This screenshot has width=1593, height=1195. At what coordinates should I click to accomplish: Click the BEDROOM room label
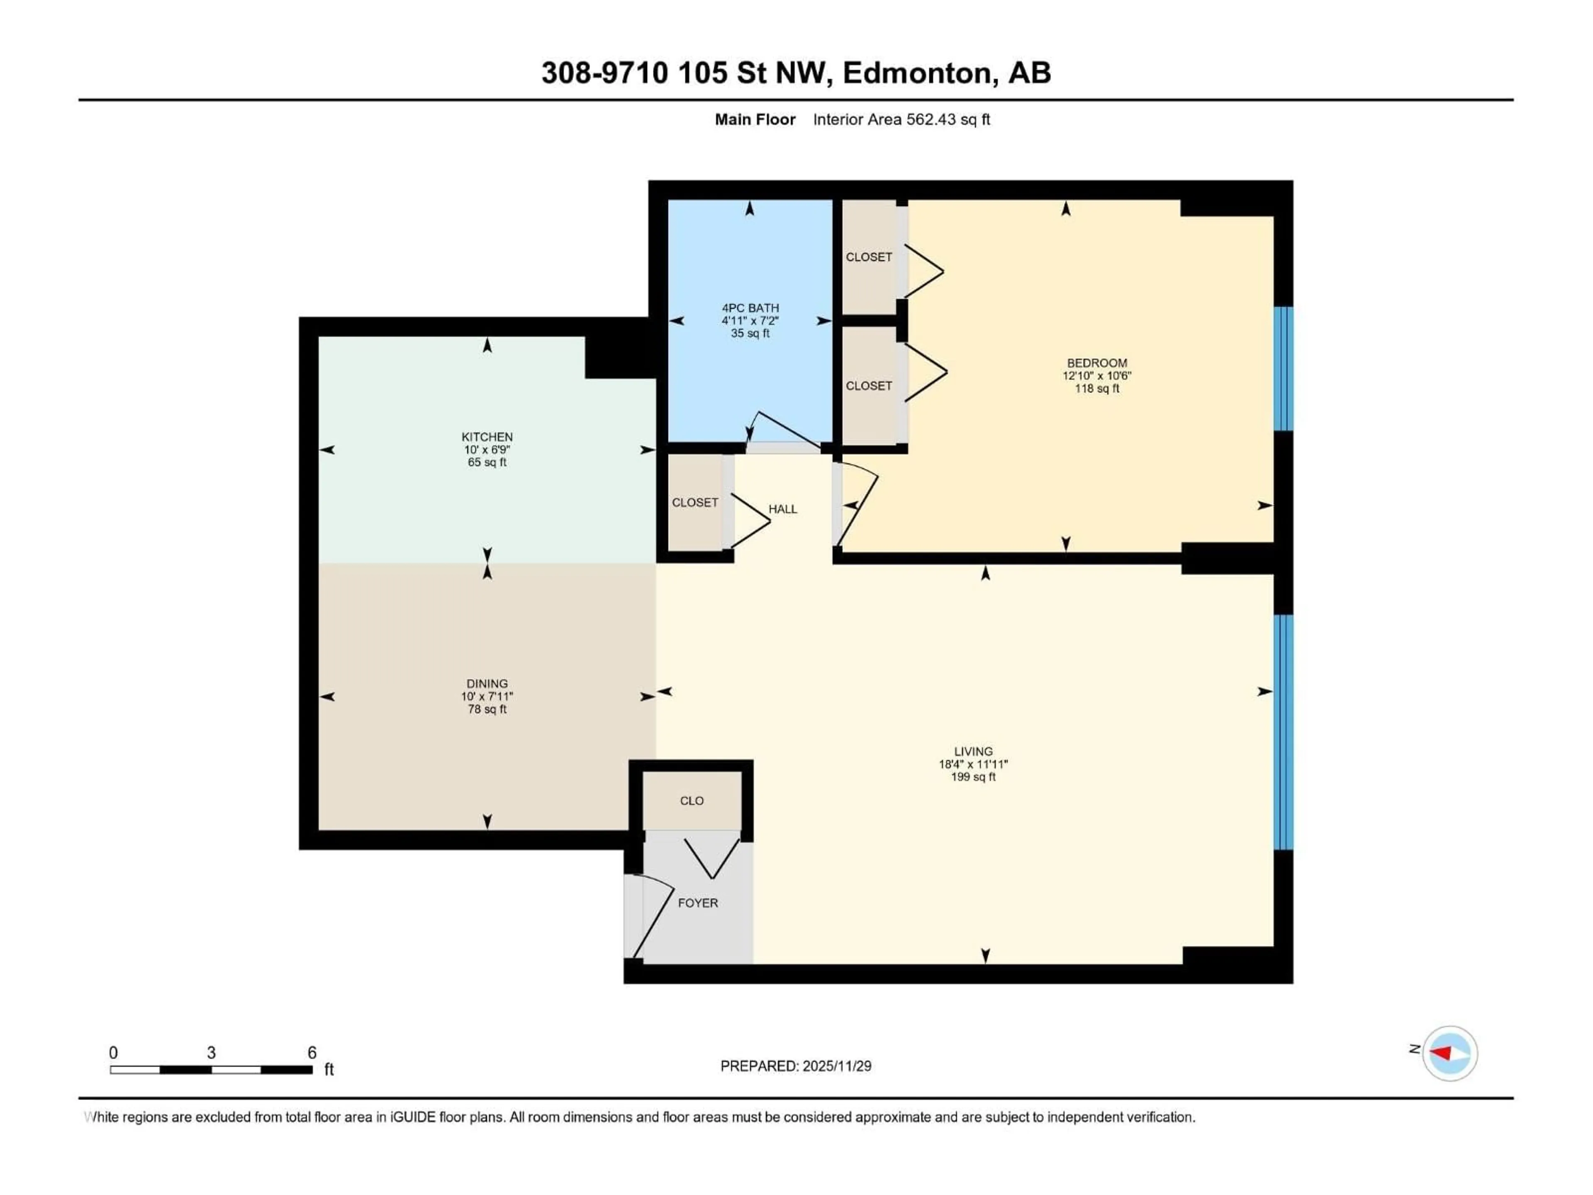click(x=1097, y=363)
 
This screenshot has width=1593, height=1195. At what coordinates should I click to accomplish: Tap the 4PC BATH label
click(x=750, y=307)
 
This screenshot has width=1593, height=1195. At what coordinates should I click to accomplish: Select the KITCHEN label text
click(x=487, y=437)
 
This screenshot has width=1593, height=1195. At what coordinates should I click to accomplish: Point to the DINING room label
click(x=487, y=683)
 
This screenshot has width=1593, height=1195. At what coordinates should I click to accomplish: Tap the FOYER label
click(x=697, y=902)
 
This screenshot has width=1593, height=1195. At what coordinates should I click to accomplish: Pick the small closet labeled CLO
click(x=692, y=800)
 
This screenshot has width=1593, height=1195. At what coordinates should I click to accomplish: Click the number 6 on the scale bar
click(x=312, y=1052)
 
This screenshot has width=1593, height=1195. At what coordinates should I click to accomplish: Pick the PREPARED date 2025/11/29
click(x=836, y=1066)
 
